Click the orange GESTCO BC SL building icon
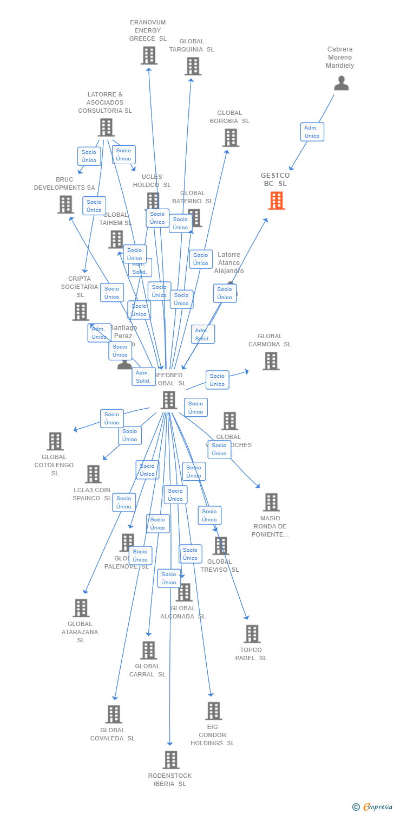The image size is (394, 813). coord(277,201)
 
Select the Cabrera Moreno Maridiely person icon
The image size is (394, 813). coord(341,83)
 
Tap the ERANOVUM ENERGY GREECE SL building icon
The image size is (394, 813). coord(149,55)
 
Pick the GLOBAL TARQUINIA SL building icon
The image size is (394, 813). coord(193,66)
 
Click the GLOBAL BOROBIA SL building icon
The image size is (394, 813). coord(231,138)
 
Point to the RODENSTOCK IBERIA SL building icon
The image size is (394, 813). coord(170,760)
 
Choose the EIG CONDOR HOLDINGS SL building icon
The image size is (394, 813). coord(213,711)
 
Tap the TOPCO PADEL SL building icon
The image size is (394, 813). coord(252,634)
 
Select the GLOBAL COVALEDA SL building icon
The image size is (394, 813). coord(114,714)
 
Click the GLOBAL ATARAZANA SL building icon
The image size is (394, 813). coord(81,608)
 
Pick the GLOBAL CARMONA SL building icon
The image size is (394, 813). coord(271,361)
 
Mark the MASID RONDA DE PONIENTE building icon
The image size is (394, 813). coord(271,502)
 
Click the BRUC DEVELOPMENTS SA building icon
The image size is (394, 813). coord(65,204)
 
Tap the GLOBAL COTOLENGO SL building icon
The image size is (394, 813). coord(55,441)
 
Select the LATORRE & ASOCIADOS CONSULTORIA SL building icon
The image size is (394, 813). coord(106,127)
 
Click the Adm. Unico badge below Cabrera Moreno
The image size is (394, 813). coord(312,132)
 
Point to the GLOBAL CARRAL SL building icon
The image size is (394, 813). coord(148,650)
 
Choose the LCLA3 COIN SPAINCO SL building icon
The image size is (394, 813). coord(93,474)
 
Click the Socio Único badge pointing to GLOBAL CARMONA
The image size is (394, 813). coord(217,380)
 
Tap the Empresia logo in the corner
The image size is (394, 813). coord(373,807)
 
